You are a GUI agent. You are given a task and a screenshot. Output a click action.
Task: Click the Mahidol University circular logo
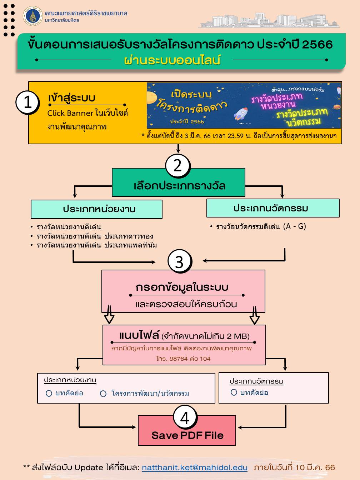(x=33, y=16)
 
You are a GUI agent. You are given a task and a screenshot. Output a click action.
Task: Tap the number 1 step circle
(x=27, y=102)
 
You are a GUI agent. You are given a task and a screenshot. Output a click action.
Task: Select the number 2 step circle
(x=178, y=166)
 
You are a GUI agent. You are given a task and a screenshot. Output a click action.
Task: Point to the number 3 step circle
(x=180, y=261)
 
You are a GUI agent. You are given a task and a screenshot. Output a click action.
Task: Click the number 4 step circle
(x=185, y=417)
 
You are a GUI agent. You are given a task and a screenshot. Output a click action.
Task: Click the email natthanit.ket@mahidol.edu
(x=195, y=467)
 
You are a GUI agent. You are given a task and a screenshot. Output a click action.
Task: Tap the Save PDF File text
(x=187, y=435)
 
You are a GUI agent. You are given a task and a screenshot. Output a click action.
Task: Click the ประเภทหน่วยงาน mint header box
(x=96, y=209)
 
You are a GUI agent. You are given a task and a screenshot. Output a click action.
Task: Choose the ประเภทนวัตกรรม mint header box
(x=273, y=208)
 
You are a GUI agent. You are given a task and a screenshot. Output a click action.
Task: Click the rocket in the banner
(x=241, y=114)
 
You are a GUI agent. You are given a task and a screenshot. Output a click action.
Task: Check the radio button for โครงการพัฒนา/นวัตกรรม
(x=103, y=394)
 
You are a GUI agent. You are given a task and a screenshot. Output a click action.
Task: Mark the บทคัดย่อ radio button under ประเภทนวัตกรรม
(x=234, y=392)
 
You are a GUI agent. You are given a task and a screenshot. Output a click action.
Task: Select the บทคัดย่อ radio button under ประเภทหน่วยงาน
(x=49, y=393)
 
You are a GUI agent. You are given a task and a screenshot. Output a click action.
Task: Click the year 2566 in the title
(x=317, y=44)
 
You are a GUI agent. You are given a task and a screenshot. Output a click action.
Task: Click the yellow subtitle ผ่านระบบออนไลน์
(x=172, y=60)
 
